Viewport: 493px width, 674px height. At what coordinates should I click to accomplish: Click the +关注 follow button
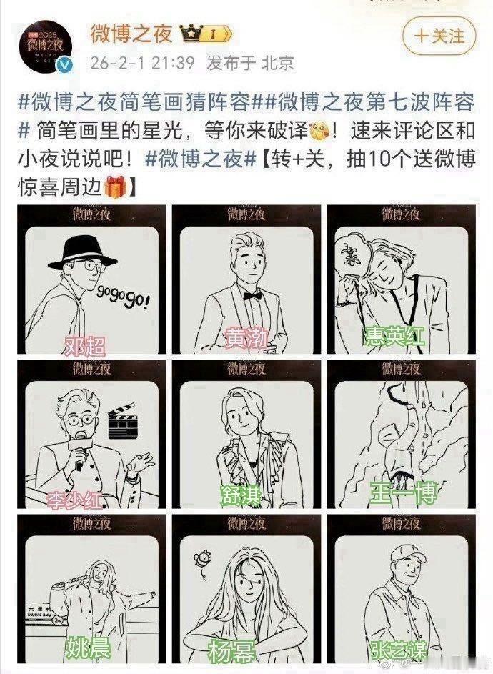pyautogui.click(x=439, y=36)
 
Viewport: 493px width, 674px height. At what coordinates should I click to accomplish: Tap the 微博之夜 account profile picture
pyautogui.click(x=47, y=47)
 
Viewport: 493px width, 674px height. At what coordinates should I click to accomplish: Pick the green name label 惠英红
pyautogui.click(x=395, y=335)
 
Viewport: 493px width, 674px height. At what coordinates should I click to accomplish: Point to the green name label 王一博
pyautogui.click(x=403, y=492)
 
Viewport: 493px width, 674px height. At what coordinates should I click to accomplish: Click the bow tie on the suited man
pyautogui.click(x=249, y=294)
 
